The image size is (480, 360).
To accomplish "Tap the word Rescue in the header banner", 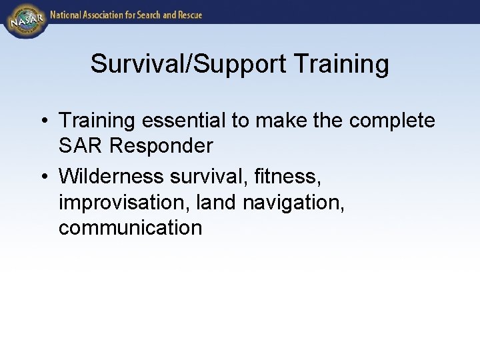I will pyautogui.click(x=187, y=14).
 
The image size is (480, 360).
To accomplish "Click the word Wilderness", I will pyautogui.click(x=111, y=176).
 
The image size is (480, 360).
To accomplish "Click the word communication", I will pyautogui.click(x=130, y=228).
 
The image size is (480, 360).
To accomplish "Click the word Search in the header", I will pyautogui.click(x=155, y=14).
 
